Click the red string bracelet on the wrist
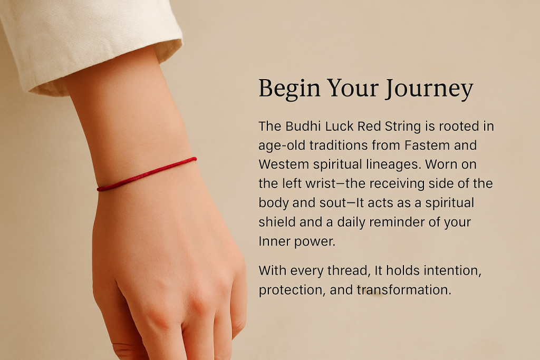coord(147,174)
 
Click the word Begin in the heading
coord(290,89)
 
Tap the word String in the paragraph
coord(402,127)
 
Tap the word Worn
coord(441,164)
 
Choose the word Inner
coord(274,241)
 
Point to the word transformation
coord(403,290)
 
